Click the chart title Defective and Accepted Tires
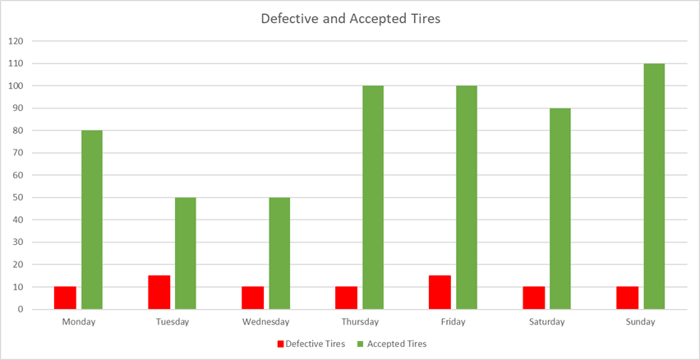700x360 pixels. tap(350, 18)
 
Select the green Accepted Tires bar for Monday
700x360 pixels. tap(92, 220)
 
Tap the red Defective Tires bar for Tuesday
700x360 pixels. tap(159, 293)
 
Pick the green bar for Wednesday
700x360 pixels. tap(279, 254)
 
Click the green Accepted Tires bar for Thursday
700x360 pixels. tap(373, 198)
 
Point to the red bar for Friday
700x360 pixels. tap(440, 293)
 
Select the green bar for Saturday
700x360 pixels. tap(560, 209)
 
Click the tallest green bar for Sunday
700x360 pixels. tap(654, 187)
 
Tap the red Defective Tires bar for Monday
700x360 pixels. tap(66, 298)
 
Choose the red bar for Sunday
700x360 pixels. tap(628, 298)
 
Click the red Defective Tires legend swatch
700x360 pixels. tap(280, 344)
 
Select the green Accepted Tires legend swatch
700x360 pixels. tap(360, 344)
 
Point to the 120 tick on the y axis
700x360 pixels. tap(16, 41)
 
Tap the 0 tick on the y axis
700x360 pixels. tap(21, 310)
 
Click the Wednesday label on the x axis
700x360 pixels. tap(266, 322)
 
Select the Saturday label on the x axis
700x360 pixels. tap(547, 322)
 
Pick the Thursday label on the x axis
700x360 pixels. tap(360, 322)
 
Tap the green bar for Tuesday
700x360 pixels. tap(186, 254)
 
